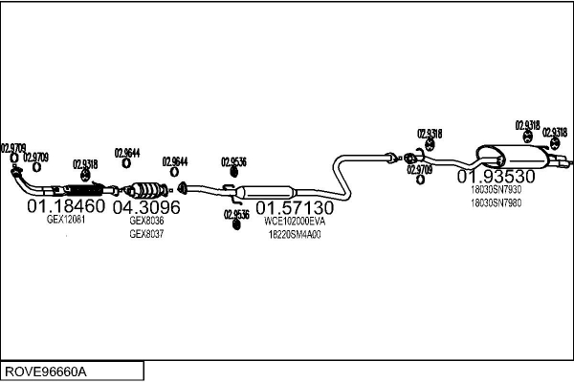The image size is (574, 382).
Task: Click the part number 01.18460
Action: click(66, 206)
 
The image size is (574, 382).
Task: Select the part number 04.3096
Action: click(146, 207)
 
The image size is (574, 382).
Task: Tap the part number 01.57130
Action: click(295, 208)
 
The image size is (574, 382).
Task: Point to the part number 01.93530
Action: click(496, 176)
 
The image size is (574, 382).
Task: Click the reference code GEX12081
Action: click(66, 220)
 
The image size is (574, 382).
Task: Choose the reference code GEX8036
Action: click(146, 221)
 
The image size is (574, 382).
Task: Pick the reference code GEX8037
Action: click(146, 234)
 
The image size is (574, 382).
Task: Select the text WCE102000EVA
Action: click(295, 222)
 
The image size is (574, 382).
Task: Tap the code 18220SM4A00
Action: click(295, 235)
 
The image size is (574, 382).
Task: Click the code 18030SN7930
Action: click(496, 190)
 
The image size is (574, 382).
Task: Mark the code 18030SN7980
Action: click(496, 202)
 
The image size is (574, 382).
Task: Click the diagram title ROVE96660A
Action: click(46, 371)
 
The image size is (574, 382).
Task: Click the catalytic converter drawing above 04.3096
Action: click(145, 190)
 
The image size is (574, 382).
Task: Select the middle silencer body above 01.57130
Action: click(265, 192)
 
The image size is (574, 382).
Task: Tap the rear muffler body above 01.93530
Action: click(513, 158)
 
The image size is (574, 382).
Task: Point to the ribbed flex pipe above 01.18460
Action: click(84, 190)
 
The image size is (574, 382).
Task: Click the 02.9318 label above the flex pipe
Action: click(85, 164)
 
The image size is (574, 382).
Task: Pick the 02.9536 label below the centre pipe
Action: click(236, 214)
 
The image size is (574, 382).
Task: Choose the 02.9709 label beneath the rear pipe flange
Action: click(420, 170)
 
